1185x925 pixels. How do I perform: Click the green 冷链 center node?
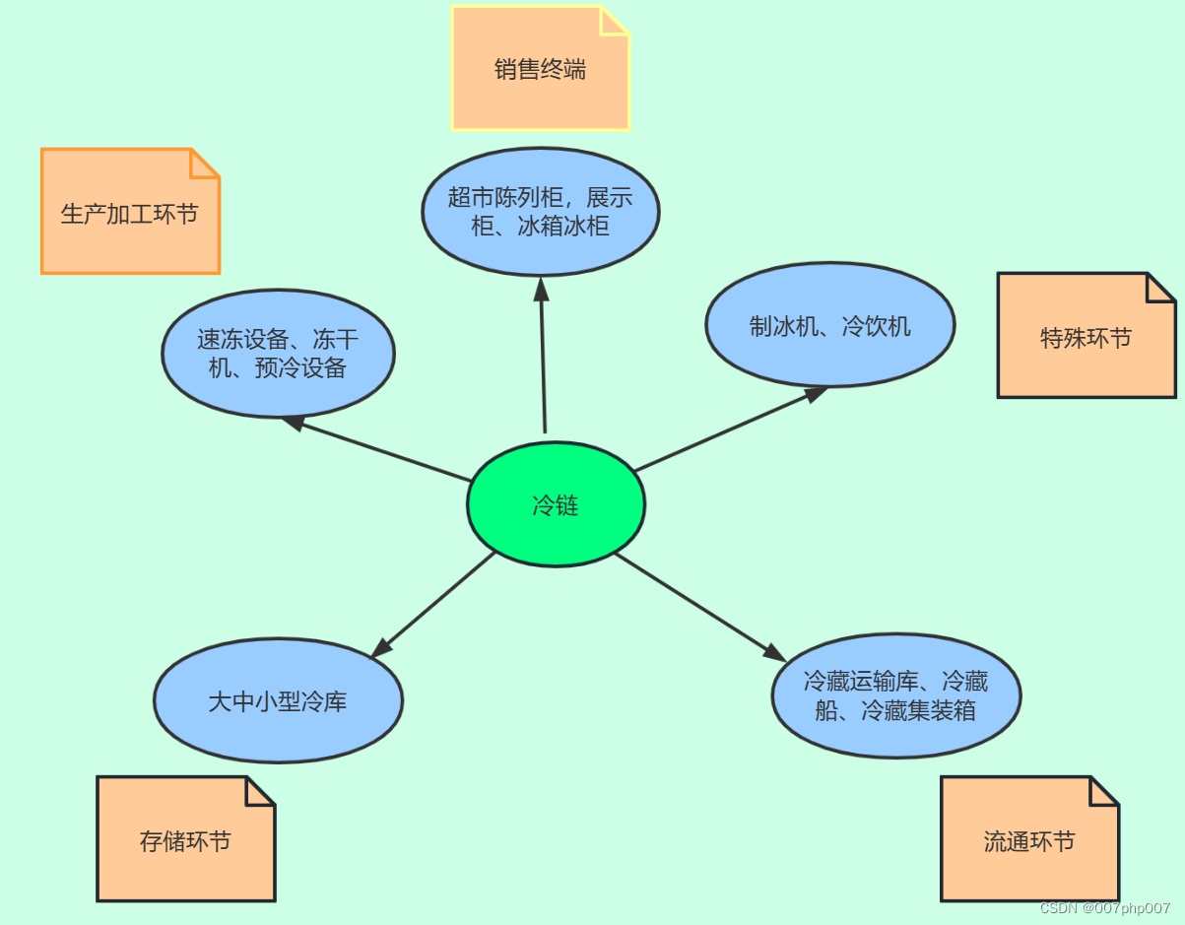point(556,504)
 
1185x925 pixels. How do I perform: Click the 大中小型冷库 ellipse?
point(278,700)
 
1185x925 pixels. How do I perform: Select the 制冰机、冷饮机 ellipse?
point(829,325)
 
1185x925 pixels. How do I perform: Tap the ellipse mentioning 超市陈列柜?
point(540,211)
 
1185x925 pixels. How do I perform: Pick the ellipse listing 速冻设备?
point(278,353)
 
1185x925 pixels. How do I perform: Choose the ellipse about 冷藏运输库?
point(895,695)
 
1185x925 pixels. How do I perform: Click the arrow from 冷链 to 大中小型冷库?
point(433,605)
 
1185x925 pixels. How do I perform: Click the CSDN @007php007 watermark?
point(1104,908)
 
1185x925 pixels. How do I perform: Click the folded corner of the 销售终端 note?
point(616,19)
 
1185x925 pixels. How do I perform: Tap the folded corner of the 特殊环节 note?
point(1162,286)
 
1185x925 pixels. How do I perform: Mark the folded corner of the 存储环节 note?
point(261,789)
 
